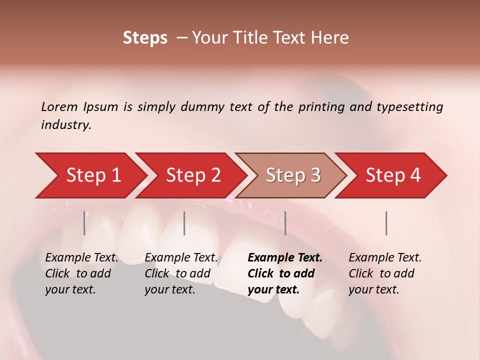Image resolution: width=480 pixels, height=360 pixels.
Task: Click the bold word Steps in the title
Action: [145, 38]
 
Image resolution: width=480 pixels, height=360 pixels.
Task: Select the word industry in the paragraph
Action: [65, 124]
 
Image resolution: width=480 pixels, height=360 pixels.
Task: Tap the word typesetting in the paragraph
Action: [409, 106]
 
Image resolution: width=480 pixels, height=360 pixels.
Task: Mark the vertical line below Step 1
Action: [84, 223]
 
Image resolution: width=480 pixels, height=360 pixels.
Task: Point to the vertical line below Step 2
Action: [184, 223]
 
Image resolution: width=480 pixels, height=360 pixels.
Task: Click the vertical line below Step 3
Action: [285, 223]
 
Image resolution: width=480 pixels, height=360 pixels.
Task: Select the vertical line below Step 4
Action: [386, 223]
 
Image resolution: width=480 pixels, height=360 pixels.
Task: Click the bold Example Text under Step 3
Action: [285, 258]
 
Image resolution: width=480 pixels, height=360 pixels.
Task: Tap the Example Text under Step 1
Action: [81, 258]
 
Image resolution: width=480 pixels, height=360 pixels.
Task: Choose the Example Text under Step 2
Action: [181, 258]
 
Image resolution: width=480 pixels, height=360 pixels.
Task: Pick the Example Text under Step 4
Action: [385, 258]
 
